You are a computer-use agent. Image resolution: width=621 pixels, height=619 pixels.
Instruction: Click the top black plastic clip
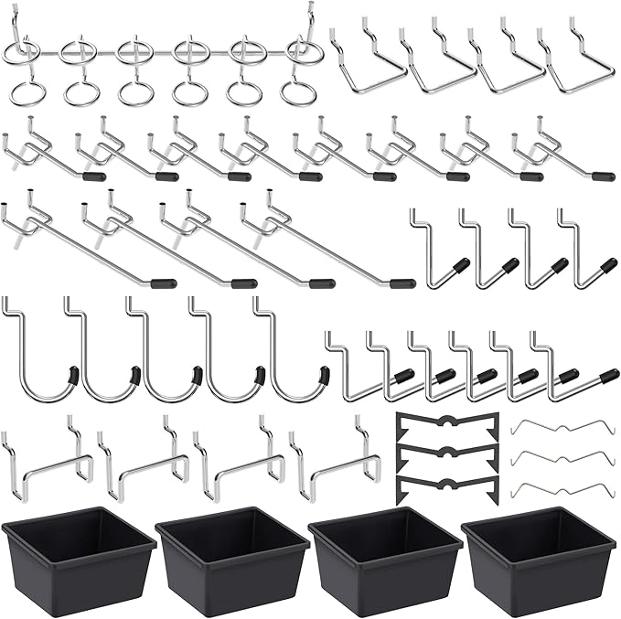tap(447, 425)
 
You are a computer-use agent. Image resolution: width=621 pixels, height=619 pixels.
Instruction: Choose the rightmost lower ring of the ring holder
tap(296, 92)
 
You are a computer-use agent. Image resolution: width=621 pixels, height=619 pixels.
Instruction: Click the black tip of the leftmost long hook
tap(166, 283)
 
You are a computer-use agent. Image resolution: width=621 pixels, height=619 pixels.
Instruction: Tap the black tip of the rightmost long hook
tap(402, 283)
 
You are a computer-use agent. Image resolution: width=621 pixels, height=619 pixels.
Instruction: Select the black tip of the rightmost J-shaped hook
tap(323, 375)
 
